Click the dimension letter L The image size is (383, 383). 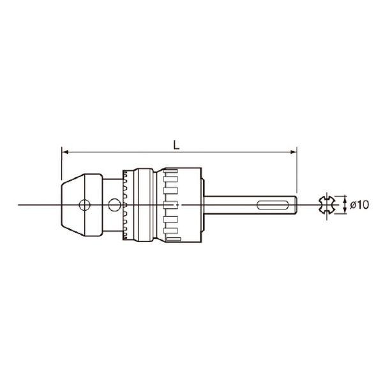coord(176,145)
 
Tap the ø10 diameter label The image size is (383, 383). coord(359,205)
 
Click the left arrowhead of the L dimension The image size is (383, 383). coord(65,152)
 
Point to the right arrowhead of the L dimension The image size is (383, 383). coord(293,152)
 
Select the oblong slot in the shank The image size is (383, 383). coord(273,205)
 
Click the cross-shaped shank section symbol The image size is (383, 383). coord(327,205)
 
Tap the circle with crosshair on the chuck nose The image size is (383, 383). coord(84,205)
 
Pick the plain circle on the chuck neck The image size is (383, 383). coord(114,205)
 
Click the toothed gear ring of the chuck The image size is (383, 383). coord(126,205)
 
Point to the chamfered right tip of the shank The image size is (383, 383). coord(296,205)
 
